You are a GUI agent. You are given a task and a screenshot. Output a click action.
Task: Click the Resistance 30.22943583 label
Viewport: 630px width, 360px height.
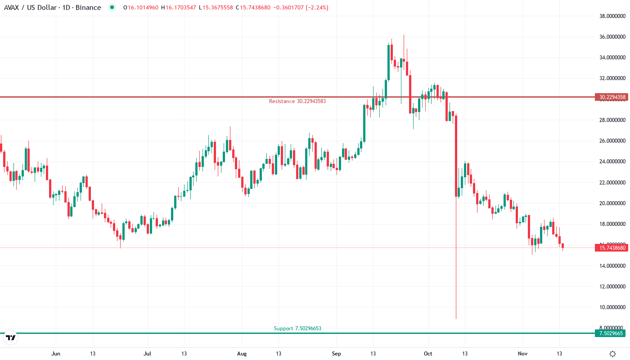297,101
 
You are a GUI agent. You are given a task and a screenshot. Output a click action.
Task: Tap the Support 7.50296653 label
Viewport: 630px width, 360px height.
297,328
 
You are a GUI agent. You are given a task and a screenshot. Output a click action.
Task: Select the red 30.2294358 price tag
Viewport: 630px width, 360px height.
611,97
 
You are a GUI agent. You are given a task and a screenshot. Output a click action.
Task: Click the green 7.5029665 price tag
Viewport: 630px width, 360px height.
611,333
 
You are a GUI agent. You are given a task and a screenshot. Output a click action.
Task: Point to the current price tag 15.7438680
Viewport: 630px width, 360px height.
611,247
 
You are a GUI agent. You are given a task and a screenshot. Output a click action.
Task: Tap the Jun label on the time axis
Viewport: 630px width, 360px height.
56,354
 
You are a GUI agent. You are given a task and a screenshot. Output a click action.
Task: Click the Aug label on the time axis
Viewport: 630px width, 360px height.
242,354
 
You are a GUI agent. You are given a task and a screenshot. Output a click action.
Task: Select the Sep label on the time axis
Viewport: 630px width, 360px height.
336,354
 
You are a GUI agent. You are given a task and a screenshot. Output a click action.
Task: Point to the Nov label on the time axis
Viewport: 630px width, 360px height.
522,354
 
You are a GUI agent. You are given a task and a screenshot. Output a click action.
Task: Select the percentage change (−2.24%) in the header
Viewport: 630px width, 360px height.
315,8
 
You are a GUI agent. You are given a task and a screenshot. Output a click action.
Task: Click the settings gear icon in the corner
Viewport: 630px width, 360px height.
612,354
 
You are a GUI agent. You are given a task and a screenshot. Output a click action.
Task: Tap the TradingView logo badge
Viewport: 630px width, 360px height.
11,337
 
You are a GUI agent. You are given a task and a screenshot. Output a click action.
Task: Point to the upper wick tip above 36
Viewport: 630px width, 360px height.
404,36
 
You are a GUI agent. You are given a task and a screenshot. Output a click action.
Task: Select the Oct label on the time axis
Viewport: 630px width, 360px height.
428,354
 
